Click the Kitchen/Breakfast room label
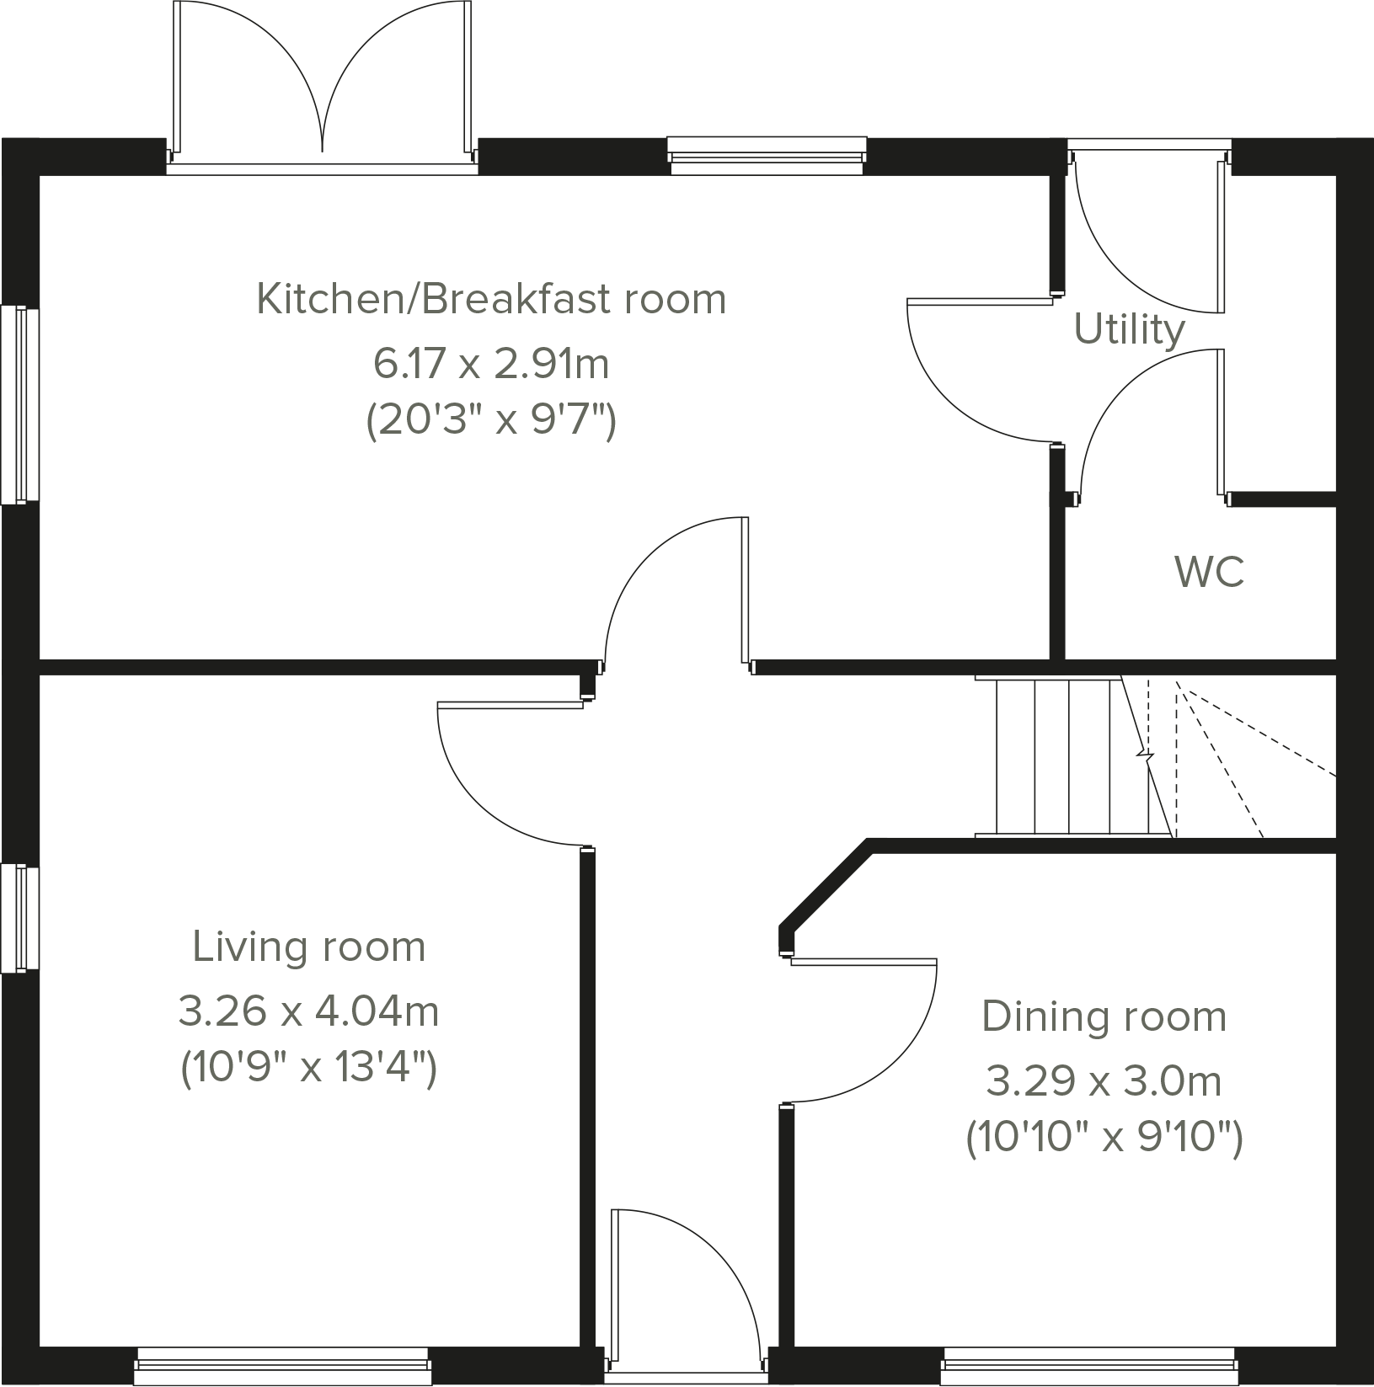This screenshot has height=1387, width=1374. [x=491, y=300]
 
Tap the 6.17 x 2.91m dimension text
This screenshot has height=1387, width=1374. [x=491, y=365]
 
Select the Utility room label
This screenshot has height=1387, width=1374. [x=1129, y=329]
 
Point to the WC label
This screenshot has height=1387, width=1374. [x=1209, y=573]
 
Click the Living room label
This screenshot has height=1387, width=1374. [x=309, y=947]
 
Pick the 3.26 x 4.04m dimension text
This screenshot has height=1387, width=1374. [x=309, y=1011]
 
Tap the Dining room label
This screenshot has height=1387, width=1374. [x=1104, y=1016]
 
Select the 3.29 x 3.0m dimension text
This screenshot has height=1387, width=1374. [x=1104, y=1081]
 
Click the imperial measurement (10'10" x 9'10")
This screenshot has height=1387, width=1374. [x=1104, y=1139]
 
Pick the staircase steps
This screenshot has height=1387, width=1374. [x=1070, y=757]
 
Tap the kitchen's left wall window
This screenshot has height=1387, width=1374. [x=19, y=405]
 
